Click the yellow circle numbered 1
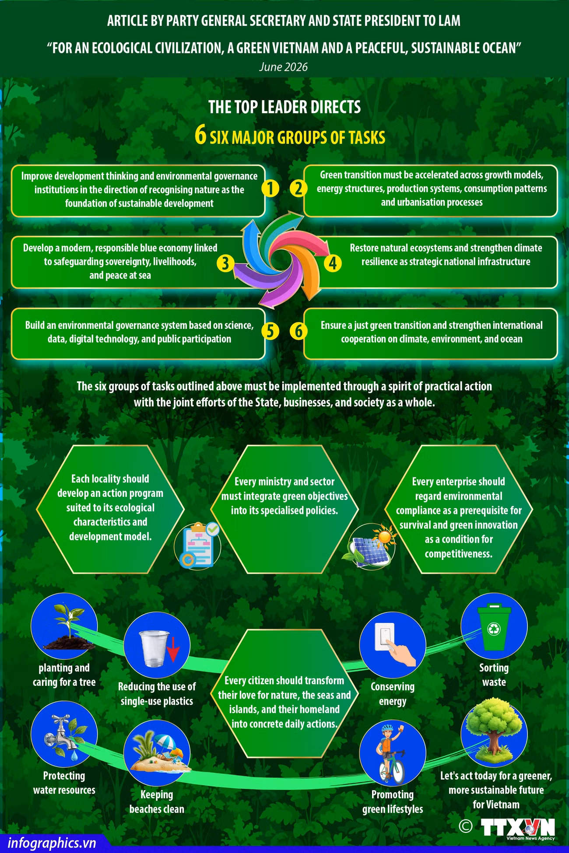pos(270,189)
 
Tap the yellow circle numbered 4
pos(333,263)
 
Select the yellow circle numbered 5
pos(270,331)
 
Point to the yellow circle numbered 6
pos(299,331)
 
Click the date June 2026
pos(283,67)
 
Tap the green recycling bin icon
pos(494,626)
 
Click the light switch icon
pos(392,645)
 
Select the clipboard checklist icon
pos(198,544)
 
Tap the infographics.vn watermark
pos(52,843)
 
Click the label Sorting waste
pos(494,675)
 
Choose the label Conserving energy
pos(392,693)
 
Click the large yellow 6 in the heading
pos(200,136)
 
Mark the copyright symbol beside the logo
pos(466,825)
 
